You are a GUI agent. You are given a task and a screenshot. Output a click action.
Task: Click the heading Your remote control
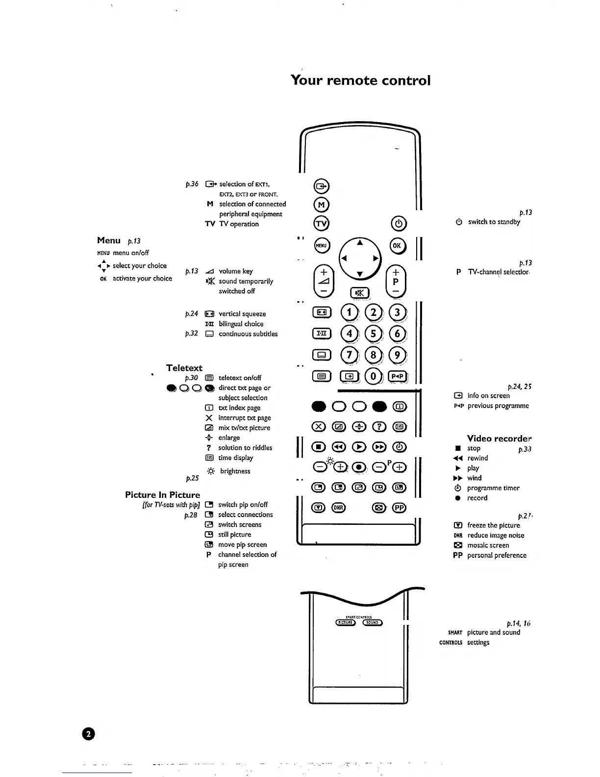(x=360, y=80)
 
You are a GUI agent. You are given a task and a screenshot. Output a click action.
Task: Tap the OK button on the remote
(x=397, y=246)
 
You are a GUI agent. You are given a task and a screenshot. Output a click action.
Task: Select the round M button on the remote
(x=322, y=205)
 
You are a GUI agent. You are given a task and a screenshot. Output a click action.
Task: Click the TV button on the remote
(x=322, y=224)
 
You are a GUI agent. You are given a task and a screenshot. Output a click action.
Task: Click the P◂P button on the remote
(x=397, y=376)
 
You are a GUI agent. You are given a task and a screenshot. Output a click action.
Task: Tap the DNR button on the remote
(x=339, y=508)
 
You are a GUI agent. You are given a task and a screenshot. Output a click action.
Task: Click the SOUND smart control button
(x=373, y=622)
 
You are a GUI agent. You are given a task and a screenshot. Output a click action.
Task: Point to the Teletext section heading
(x=184, y=368)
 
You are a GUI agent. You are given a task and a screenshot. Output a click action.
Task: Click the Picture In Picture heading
(x=163, y=495)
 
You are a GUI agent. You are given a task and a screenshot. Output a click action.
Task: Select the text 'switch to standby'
(x=494, y=222)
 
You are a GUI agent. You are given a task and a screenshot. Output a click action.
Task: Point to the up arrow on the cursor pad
(x=360, y=242)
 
